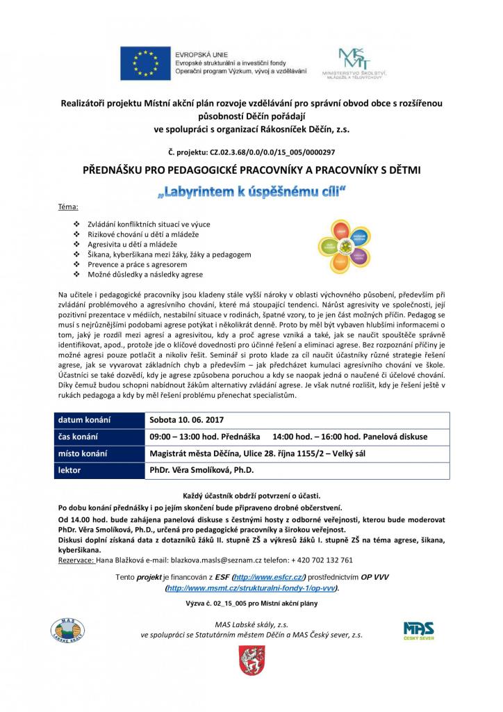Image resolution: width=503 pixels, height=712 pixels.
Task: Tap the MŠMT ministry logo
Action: (x=354, y=63)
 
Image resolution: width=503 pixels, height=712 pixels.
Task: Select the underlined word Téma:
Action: (x=68, y=208)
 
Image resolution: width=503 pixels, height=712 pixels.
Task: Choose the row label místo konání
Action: (x=82, y=453)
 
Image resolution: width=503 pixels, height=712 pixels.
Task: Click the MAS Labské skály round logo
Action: (x=68, y=629)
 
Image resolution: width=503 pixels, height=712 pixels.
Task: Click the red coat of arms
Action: (x=249, y=660)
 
